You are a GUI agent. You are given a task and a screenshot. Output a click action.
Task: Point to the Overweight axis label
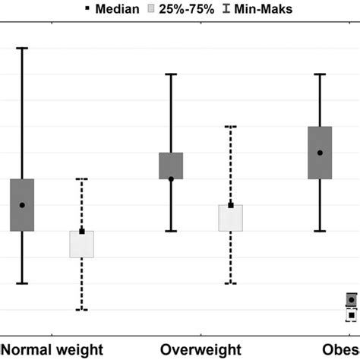click(201, 349)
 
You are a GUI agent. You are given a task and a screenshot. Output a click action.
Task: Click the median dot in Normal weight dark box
click(22, 205)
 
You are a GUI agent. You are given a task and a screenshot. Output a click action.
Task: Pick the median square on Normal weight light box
click(81, 231)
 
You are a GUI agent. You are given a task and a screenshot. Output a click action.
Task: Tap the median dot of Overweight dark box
click(171, 179)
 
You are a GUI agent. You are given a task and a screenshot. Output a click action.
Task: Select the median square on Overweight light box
click(230, 205)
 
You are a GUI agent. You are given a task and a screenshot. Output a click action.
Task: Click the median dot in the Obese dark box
click(320, 153)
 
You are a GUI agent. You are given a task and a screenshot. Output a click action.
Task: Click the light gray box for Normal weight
click(81, 245)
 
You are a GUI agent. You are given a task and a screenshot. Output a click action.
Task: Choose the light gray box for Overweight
click(230, 218)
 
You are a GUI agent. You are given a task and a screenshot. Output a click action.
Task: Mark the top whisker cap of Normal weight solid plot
click(22, 48)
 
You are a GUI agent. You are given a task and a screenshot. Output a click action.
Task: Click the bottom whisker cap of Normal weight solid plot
click(22, 283)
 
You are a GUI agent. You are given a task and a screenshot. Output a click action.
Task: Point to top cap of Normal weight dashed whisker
click(81, 179)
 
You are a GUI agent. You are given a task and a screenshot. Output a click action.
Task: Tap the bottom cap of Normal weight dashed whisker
click(81, 310)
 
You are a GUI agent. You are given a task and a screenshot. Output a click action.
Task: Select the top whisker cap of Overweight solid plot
click(171, 74)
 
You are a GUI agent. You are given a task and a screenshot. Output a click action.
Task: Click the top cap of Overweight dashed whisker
click(230, 127)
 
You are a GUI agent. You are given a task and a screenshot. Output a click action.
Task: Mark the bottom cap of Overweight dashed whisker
click(230, 283)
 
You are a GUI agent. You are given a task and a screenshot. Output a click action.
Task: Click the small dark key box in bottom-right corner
click(351, 299)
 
